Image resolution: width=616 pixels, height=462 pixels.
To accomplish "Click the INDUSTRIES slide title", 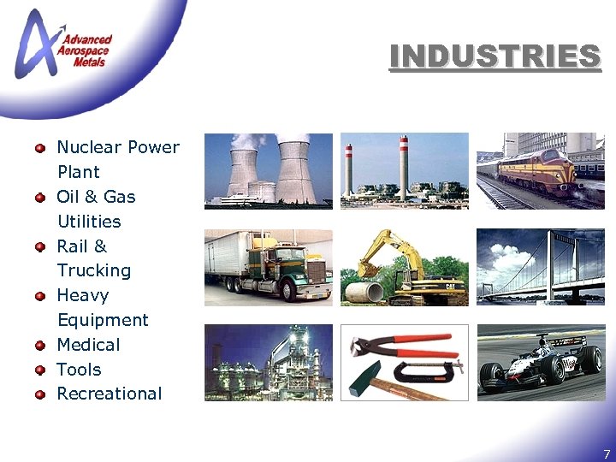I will (495, 56).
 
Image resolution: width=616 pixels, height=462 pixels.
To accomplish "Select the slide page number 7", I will (607, 454).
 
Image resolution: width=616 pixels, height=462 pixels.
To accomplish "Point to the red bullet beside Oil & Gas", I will (39, 198).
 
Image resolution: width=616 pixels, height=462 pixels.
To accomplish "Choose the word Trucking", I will (94, 270).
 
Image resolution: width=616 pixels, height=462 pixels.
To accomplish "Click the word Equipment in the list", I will (103, 320).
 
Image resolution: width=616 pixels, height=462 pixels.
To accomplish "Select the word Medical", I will (88, 345).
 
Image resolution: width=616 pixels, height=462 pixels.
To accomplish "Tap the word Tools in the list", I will (79, 370).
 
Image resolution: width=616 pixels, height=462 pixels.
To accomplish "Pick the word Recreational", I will (109, 394).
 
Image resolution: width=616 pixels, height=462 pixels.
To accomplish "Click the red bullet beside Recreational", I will (39, 394).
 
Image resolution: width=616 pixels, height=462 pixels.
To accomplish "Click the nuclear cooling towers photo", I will (268, 170).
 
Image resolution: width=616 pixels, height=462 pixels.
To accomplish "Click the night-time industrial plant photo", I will (268, 362).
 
